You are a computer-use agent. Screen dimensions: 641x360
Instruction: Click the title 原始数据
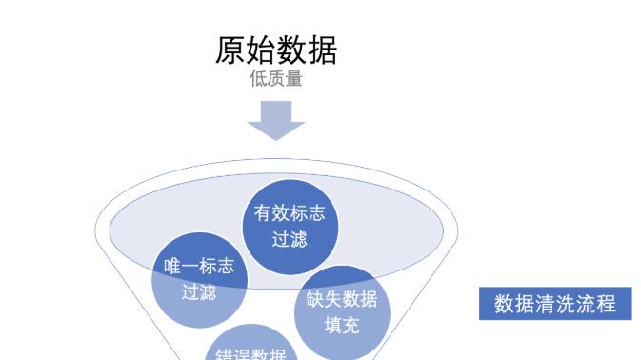coord(275,50)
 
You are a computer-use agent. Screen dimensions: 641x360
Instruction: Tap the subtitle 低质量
coord(275,80)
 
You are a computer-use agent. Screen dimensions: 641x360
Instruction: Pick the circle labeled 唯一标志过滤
coord(198,280)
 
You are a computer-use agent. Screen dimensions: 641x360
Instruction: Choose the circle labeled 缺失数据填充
coord(342,311)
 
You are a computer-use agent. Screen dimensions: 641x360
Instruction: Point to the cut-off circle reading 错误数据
coord(251,350)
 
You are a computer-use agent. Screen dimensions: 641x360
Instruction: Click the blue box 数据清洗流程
coord(554,305)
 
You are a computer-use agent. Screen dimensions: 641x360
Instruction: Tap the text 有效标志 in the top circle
coord(289,214)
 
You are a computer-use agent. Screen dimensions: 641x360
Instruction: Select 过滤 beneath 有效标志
coord(289,239)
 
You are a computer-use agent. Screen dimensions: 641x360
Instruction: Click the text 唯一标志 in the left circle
coord(198,268)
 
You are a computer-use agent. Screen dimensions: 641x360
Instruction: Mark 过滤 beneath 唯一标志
coord(198,292)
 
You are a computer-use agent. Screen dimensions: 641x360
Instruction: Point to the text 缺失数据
coord(342,300)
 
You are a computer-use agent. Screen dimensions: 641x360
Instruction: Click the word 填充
coord(342,325)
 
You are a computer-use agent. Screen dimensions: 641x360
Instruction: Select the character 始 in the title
coord(260,50)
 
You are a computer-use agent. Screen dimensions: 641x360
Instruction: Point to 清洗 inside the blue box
coord(554,305)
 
